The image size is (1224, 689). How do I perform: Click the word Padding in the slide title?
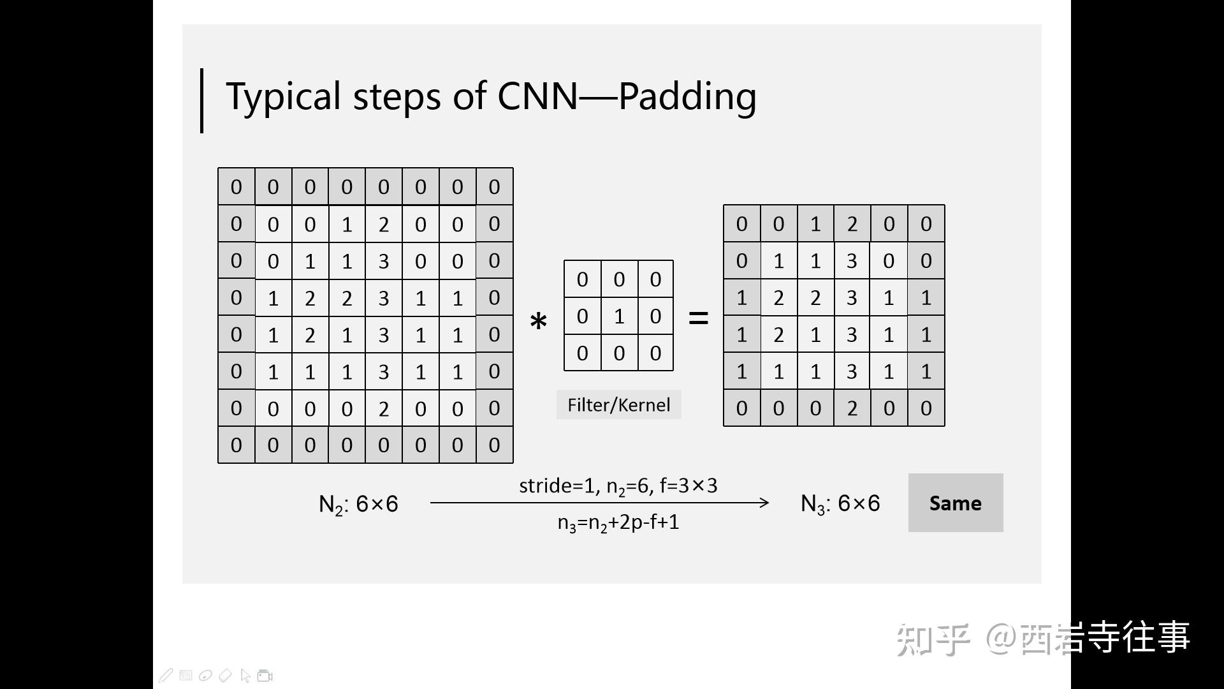click(x=687, y=97)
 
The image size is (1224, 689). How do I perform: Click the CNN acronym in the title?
click(x=537, y=97)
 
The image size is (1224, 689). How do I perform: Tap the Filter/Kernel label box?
click(x=618, y=405)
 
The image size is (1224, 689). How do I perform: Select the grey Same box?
click(x=955, y=503)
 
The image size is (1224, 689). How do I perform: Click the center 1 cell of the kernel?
click(x=619, y=316)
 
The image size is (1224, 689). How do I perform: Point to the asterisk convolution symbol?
click(x=539, y=322)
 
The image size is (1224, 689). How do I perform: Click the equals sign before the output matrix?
click(x=699, y=318)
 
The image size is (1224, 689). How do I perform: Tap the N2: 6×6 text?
click(x=358, y=504)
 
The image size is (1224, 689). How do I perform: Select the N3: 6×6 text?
click(x=840, y=503)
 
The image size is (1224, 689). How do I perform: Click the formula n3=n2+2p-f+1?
click(x=618, y=522)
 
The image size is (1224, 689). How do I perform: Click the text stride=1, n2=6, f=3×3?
click(x=618, y=486)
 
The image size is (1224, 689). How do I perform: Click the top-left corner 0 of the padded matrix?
click(x=237, y=187)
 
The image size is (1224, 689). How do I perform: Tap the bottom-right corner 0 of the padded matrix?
click(x=494, y=445)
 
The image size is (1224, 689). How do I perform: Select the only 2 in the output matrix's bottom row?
click(x=852, y=408)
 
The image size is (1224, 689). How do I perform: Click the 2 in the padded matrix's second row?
click(x=384, y=225)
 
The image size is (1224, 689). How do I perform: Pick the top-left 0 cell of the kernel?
click(x=582, y=279)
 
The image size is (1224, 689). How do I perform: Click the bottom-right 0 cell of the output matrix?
click(x=926, y=408)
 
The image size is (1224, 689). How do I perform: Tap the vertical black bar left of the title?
click(x=202, y=101)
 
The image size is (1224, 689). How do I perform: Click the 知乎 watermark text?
click(x=932, y=639)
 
